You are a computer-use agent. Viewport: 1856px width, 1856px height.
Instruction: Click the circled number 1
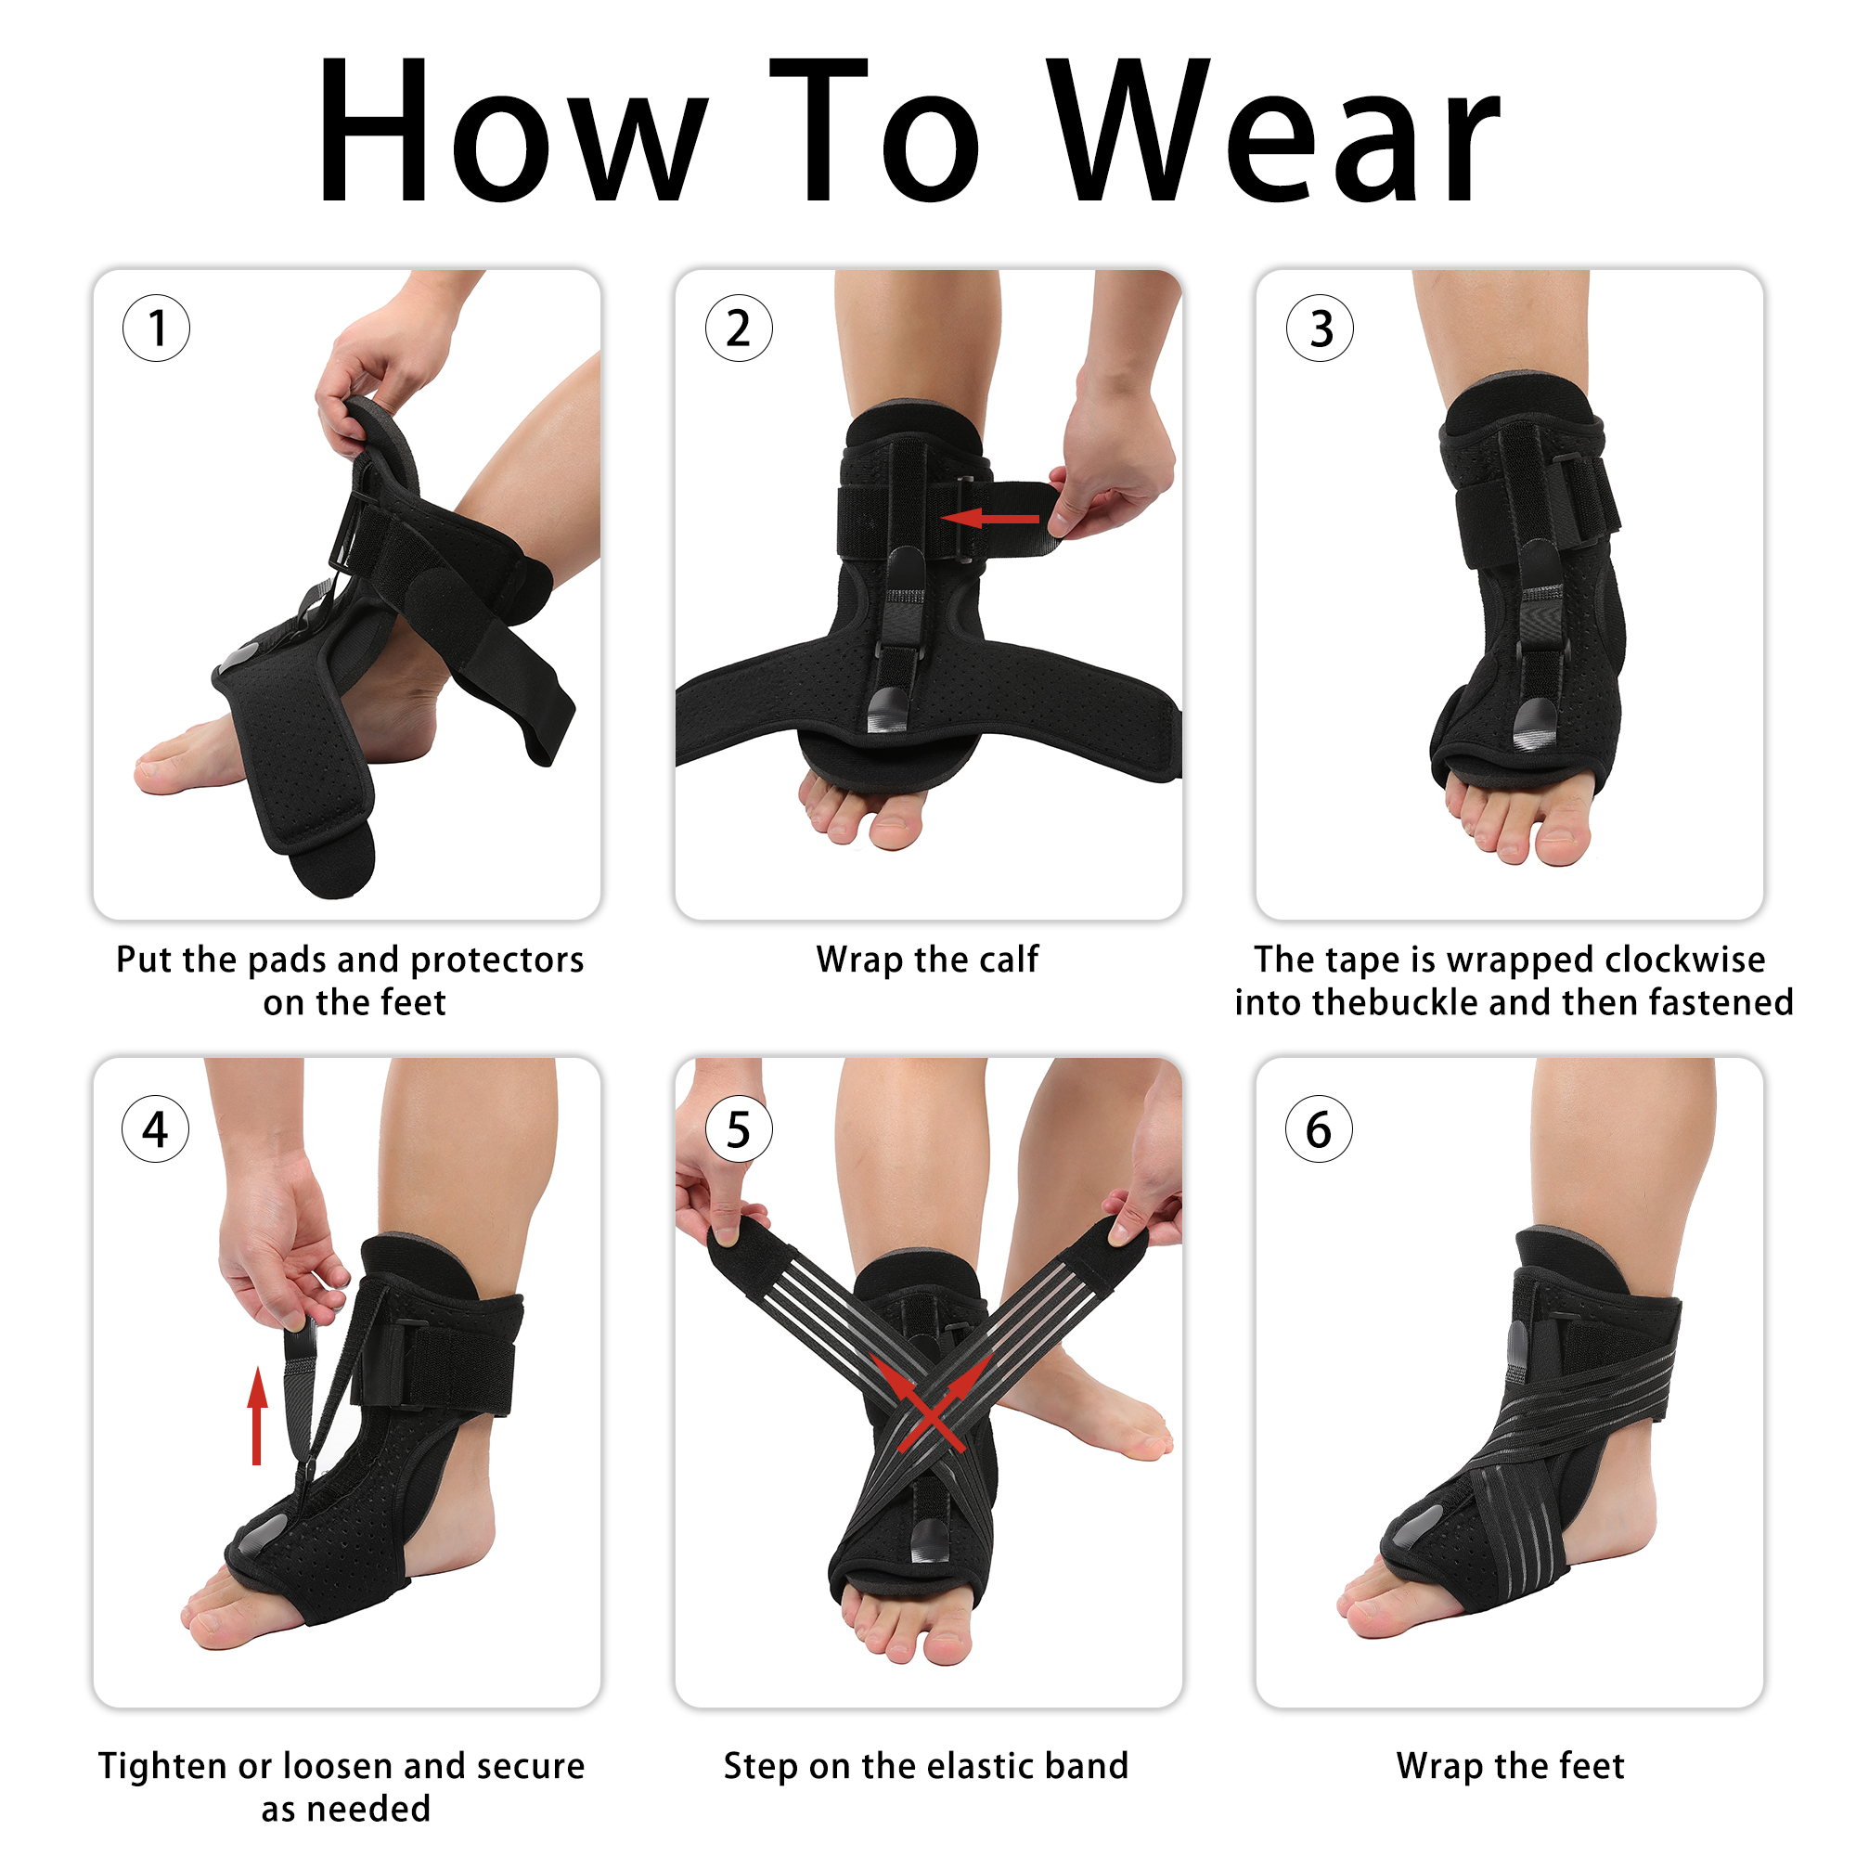pyautogui.click(x=157, y=328)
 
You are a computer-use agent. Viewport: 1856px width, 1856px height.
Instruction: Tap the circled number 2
pyautogui.click(x=739, y=328)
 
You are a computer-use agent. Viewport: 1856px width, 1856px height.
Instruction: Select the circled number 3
pyautogui.click(x=1320, y=328)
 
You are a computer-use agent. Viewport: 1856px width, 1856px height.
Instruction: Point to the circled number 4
pyautogui.click(x=156, y=1128)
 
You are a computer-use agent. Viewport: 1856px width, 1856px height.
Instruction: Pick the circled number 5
pyautogui.click(x=739, y=1128)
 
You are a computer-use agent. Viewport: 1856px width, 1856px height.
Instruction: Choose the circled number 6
pyautogui.click(x=1319, y=1128)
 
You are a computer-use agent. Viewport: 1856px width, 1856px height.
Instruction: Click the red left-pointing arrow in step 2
pyautogui.click(x=989, y=519)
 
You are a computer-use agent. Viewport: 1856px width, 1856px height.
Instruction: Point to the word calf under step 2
pyautogui.click(x=1004, y=959)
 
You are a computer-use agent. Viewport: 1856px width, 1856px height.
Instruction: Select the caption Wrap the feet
pyautogui.click(x=1510, y=1767)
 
